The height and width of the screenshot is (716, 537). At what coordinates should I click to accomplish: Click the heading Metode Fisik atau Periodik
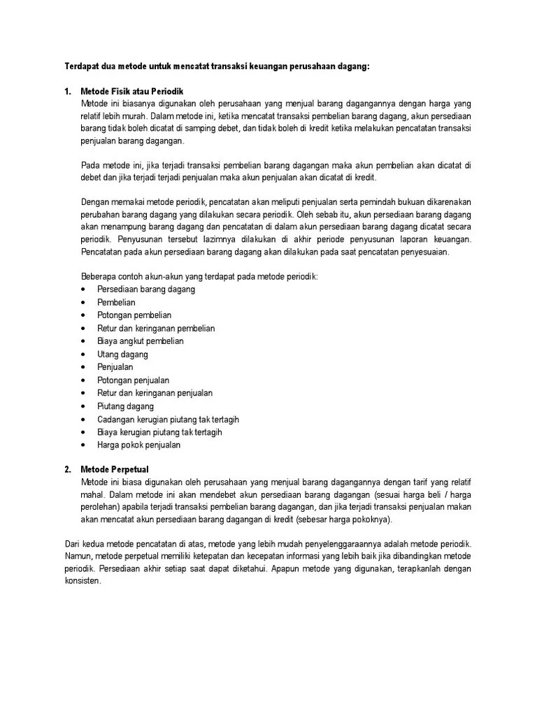[x=131, y=92]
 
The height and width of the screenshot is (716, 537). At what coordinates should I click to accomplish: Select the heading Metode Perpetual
[x=115, y=469]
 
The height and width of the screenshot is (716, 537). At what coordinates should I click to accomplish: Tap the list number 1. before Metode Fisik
[x=67, y=92]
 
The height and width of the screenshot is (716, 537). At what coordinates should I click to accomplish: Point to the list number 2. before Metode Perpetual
[x=67, y=469]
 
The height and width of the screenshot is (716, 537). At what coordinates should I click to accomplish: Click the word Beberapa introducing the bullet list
[x=99, y=276]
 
